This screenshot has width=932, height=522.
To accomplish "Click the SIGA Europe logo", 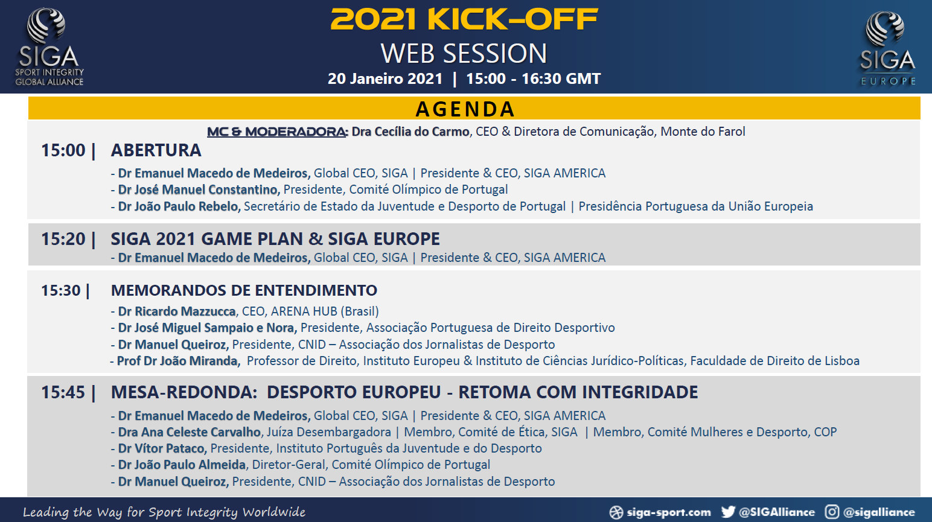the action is coord(888,48).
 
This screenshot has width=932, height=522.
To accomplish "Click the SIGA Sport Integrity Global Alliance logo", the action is coord(49,46).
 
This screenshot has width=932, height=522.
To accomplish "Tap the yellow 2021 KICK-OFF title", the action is coord(464,19).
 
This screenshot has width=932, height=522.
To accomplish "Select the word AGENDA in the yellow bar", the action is coord(465,109).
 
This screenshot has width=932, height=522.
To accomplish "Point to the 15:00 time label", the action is coord(63,150).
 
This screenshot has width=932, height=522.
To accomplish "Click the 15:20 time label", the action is coord(63,239).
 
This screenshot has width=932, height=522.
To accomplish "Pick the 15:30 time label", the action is coord(61,290).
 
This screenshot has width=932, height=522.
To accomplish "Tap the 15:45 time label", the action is coord(63,392).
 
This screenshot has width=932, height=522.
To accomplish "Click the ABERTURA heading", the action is coord(156,150).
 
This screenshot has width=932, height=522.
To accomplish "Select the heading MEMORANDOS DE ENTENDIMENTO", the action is coord(244,290).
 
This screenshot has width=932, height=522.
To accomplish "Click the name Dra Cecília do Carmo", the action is coord(410,132).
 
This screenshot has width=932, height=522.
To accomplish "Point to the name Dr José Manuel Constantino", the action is coord(198,189).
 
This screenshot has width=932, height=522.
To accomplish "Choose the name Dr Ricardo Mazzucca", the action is coord(177,311).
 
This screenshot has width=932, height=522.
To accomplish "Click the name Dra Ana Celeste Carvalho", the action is coord(190,432).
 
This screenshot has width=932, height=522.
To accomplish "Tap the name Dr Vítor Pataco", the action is coord(161,448).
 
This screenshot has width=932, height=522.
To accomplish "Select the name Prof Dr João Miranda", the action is coord(177,361).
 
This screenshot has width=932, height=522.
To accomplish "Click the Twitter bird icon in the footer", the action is coord(728,512).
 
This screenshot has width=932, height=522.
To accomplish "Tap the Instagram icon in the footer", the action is coord(832,512).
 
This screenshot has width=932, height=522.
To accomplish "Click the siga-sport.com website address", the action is coord(669,512).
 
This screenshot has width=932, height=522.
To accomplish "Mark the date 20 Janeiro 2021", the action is coord(385,78).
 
